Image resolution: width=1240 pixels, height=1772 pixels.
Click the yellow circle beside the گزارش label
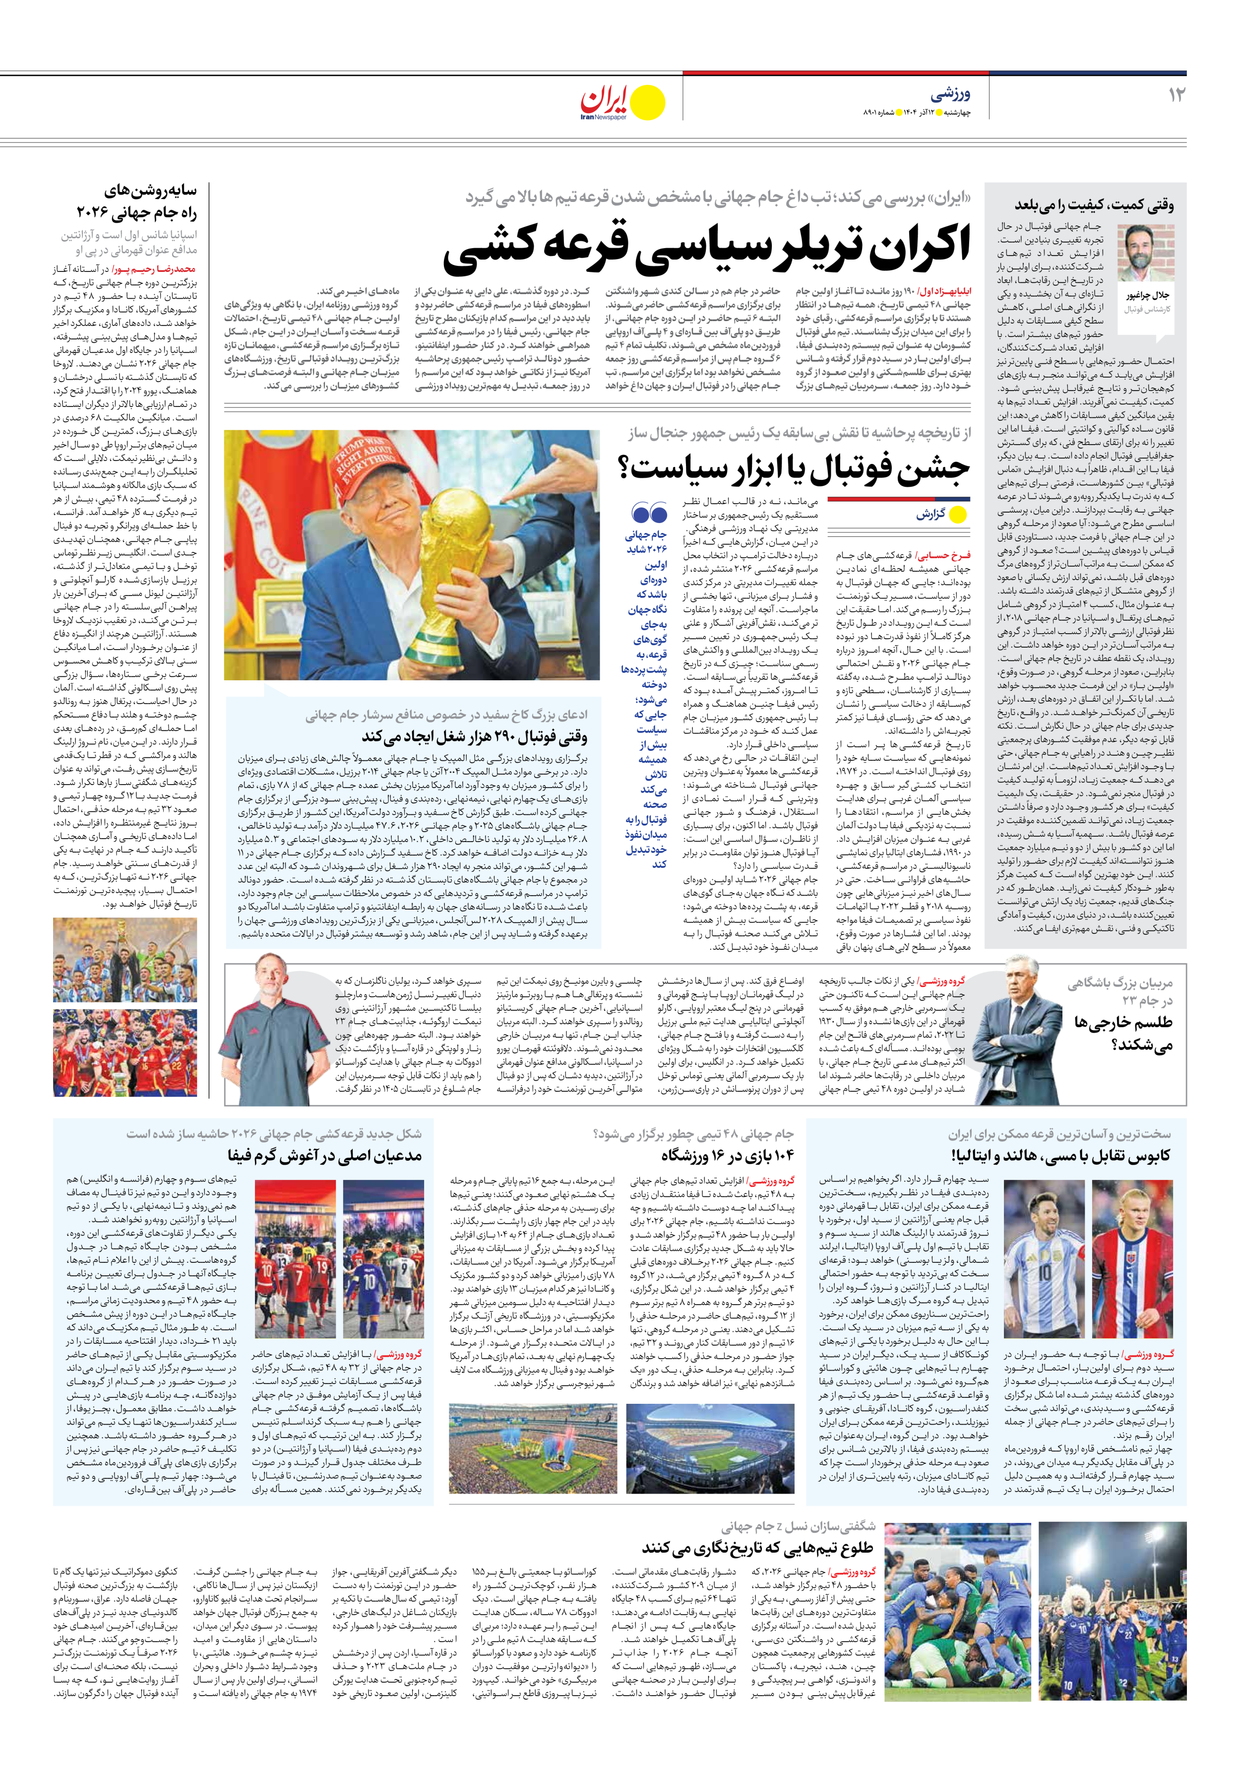[x=958, y=514]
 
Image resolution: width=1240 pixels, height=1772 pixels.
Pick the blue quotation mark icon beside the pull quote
[x=649, y=512]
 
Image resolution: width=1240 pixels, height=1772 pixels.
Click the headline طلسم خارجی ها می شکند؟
[x=1123, y=1033]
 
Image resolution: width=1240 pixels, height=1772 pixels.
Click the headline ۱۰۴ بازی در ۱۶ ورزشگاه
[x=727, y=1155]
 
